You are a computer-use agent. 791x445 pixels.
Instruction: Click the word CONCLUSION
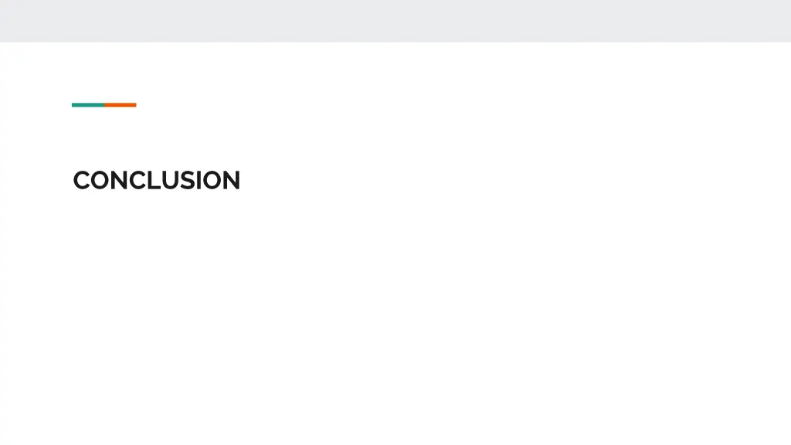pyautogui.click(x=157, y=181)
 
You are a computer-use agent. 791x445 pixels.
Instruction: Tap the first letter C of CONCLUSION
pyautogui.click(x=82, y=181)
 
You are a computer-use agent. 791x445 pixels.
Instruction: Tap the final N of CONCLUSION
pyautogui.click(x=231, y=181)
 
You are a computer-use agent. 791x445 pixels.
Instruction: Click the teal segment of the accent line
pyautogui.click(x=88, y=105)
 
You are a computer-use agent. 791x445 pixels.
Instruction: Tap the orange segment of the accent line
pyautogui.click(x=121, y=105)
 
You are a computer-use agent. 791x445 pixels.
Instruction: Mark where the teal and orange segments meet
pyautogui.click(x=104, y=105)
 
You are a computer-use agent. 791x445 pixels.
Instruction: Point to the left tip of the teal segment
pyautogui.click(x=73, y=105)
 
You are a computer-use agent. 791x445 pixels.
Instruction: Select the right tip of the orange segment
pyautogui.click(x=135, y=105)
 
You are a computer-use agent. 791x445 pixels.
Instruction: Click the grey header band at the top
pyautogui.click(x=395, y=20)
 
